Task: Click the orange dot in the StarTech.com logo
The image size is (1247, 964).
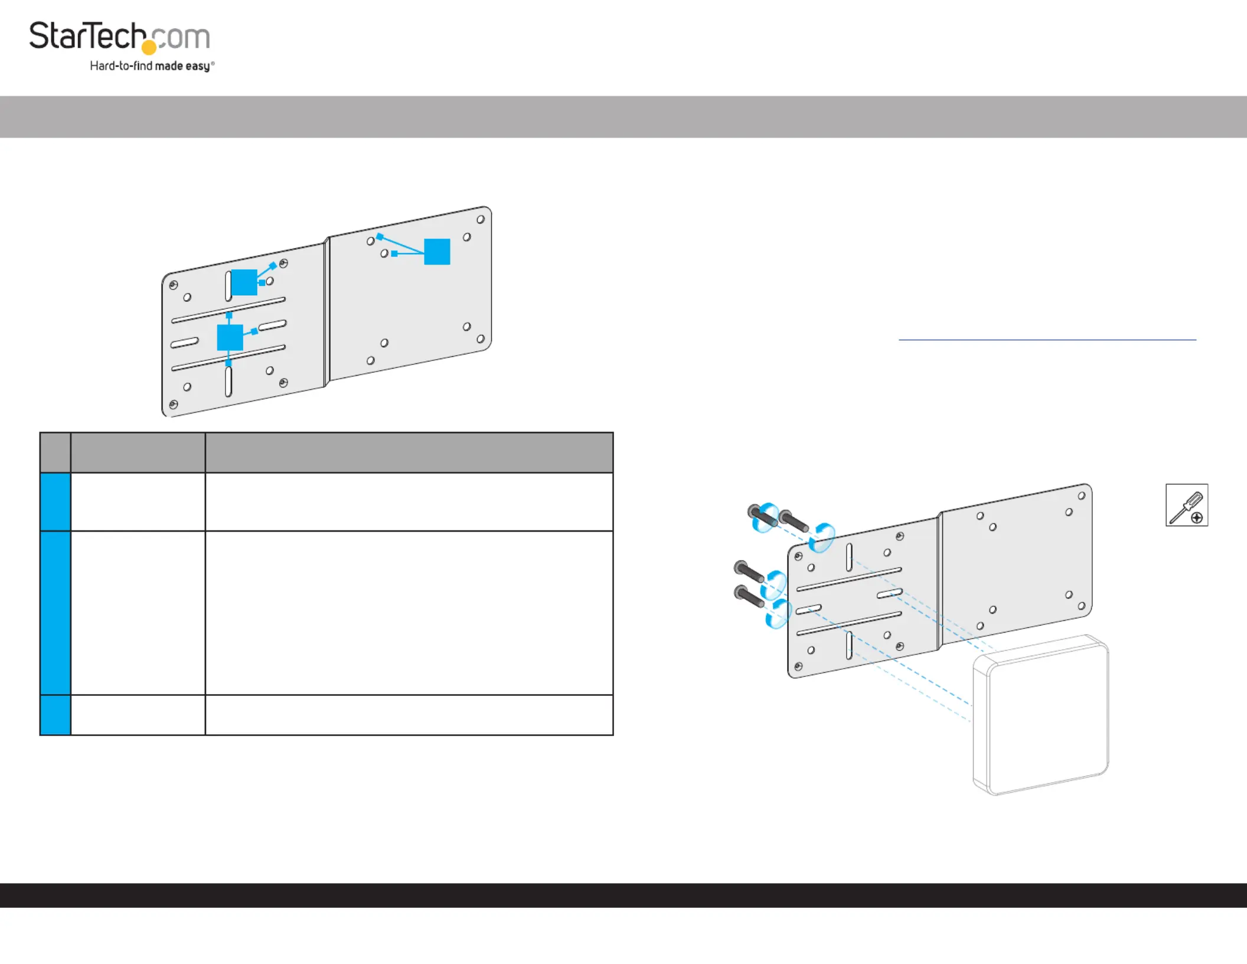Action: pos(149,47)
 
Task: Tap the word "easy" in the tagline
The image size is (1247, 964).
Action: pos(197,66)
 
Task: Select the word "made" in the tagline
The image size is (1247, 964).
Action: pos(169,66)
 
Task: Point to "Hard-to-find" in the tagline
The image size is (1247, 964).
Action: pos(121,66)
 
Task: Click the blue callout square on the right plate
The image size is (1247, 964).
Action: pos(437,252)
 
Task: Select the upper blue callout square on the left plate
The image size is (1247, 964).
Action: pos(244,282)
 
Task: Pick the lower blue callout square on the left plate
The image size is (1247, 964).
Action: pos(230,337)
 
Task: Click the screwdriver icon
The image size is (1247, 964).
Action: pos(1187,505)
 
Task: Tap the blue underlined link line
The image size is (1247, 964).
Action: pos(1047,340)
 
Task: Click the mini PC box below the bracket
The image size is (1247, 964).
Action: pos(1040,715)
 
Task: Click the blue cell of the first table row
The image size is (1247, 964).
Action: pos(56,501)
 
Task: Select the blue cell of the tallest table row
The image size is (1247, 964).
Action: pos(56,613)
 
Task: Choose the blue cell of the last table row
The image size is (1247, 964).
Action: pos(56,715)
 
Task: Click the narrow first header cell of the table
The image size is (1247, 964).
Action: pos(56,452)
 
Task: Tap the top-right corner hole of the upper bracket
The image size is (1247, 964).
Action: pos(481,219)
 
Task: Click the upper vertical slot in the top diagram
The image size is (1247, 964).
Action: pos(228,286)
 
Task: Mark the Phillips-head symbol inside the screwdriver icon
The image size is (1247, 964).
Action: pos(1197,518)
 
